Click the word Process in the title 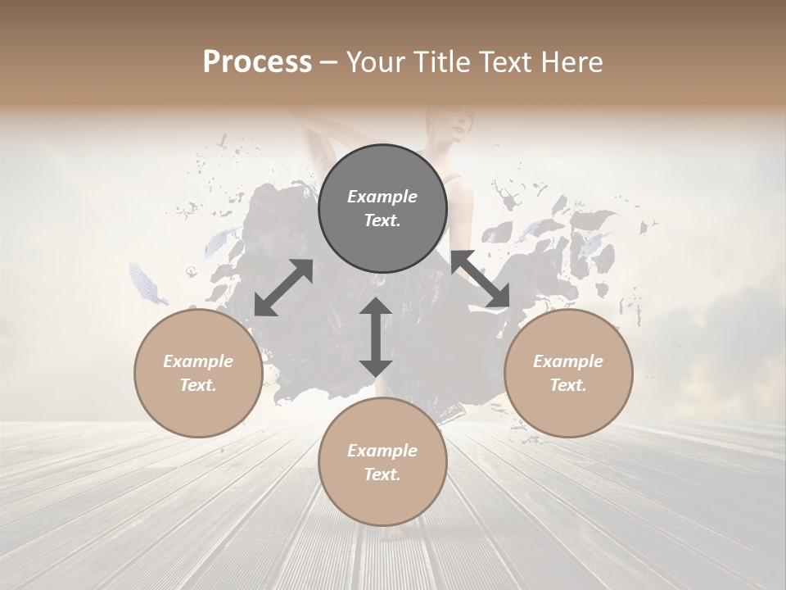(x=257, y=62)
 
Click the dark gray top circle (x=382, y=208)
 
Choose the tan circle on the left (x=198, y=373)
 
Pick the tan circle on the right (x=568, y=373)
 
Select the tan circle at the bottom (x=382, y=462)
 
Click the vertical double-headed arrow (x=376, y=337)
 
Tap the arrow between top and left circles (x=283, y=288)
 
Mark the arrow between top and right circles (x=480, y=280)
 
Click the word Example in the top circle (x=382, y=197)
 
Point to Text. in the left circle (x=198, y=385)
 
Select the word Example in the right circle (x=568, y=361)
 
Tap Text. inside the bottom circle (x=382, y=474)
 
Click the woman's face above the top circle (x=455, y=127)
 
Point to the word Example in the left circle (x=198, y=361)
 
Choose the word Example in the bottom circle (x=382, y=451)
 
